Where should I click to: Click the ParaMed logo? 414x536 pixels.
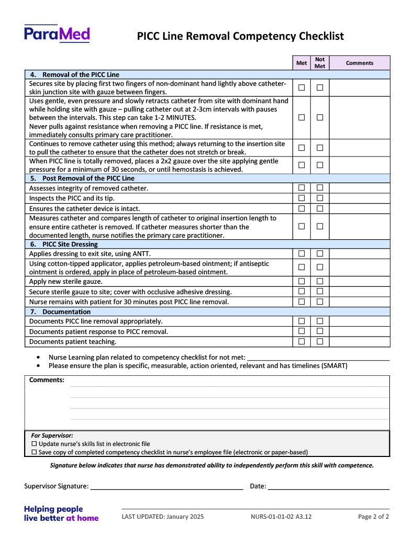click(57, 34)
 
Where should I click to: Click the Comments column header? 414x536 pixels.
click(360, 63)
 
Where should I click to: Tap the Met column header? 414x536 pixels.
click(301, 63)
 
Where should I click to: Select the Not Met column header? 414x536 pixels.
click(320, 63)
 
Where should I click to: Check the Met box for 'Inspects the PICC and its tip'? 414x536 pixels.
click(301, 198)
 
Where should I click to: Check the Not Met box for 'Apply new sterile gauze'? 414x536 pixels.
click(320, 281)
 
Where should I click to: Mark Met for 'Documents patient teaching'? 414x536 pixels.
click(301, 341)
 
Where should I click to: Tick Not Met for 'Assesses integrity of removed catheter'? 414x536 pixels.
click(320, 187)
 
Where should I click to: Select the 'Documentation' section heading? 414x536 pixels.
click(66, 311)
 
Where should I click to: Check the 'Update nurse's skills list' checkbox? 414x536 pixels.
click(35, 444)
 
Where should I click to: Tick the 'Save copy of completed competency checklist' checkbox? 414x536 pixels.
click(35, 452)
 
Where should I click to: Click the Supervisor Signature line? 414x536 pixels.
click(166, 486)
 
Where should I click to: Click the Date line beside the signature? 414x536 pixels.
click(328, 486)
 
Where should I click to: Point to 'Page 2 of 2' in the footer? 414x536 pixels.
click(373, 517)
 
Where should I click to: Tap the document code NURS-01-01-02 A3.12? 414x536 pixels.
click(281, 517)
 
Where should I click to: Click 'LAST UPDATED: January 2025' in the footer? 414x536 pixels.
click(163, 517)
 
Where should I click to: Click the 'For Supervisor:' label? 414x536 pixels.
click(52, 435)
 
